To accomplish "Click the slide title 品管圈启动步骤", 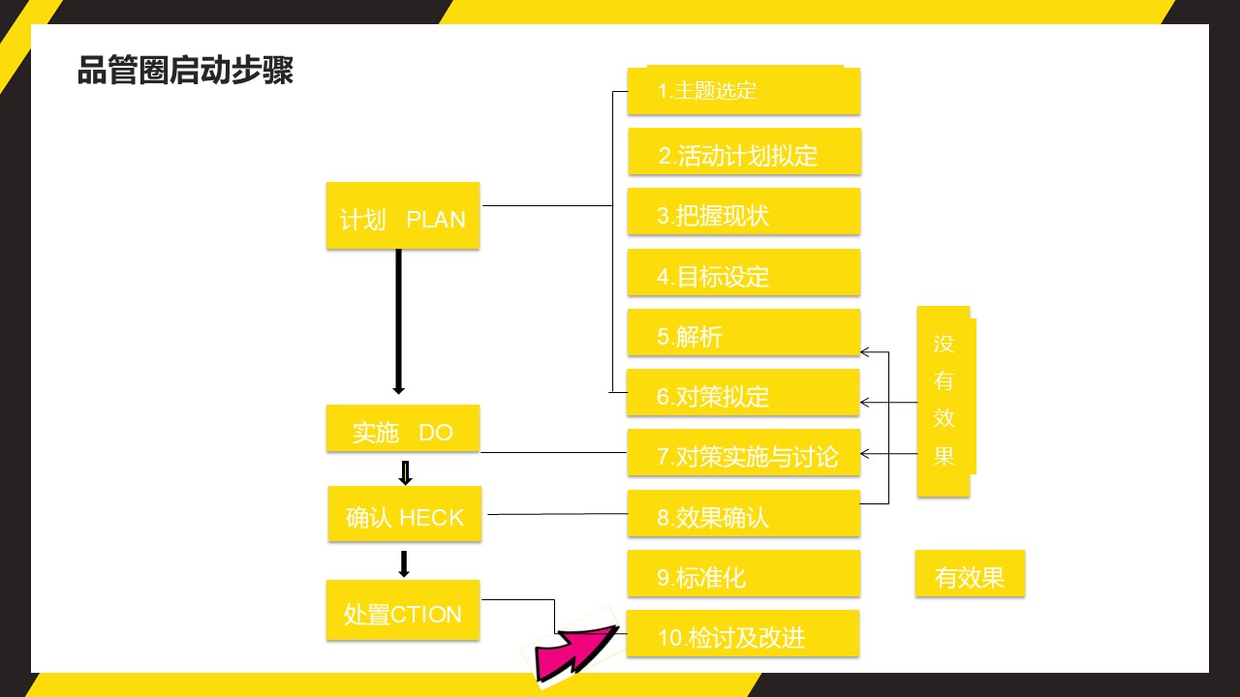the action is coord(185,71).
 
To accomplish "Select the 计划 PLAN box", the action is coord(403,216).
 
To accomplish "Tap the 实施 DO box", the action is coord(403,429).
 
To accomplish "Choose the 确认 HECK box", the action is coord(405,514).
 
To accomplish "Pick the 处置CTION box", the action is coord(403,610).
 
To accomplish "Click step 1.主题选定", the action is coord(744,90).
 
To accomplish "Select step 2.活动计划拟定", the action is coord(745,152).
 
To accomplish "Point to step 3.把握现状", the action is coord(744,212).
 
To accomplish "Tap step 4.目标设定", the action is coord(744,273).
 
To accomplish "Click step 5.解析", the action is coord(744,332).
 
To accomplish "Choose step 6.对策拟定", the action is coord(743,393).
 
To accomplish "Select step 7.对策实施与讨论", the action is coord(744,453).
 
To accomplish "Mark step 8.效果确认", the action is coord(744,514).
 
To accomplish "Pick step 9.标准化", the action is coord(744,574).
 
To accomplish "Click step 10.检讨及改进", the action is coord(743,634).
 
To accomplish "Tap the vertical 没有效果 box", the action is coord(946,402).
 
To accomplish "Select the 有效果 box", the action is coord(970,574).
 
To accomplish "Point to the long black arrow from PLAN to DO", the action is coord(398,321).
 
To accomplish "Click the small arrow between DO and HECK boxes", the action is coord(405,473).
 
